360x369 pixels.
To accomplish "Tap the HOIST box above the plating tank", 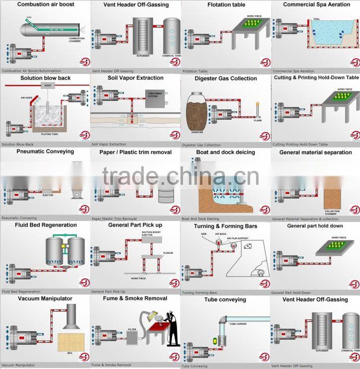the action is point(47,86).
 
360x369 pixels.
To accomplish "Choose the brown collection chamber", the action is point(332,198).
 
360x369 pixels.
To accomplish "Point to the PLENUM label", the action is point(169,253).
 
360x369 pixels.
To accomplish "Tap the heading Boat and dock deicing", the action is point(225,152).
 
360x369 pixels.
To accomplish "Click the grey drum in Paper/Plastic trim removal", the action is point(166,194).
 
